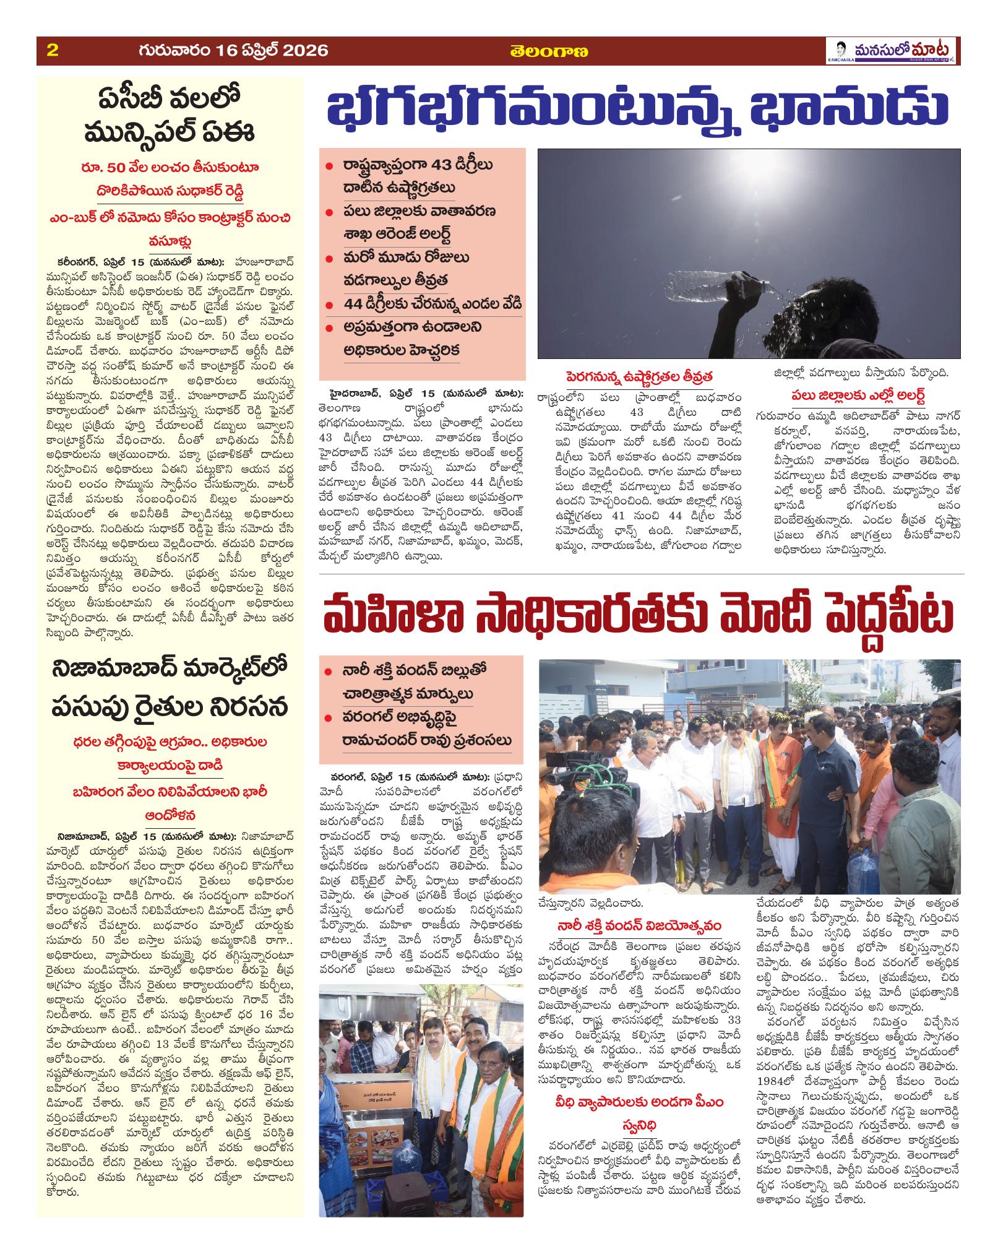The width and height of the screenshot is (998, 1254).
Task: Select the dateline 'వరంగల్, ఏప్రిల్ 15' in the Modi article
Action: coord(365,776)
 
